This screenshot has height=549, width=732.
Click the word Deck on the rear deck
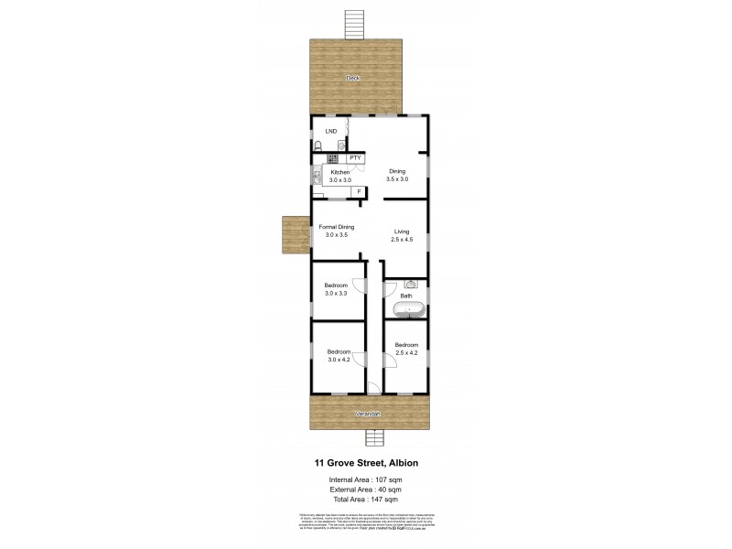tap(352, 79)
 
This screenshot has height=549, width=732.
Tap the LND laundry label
tap(330, 131)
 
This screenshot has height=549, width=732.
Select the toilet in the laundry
tap(318, 146)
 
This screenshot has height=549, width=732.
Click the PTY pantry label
tap(355, 158)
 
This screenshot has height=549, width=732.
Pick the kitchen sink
tap(316, 176)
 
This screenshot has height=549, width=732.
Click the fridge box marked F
tap(360, 191)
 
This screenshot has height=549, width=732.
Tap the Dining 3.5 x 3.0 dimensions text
tap(396, 179)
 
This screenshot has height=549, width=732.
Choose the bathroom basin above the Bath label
tap(411, 284)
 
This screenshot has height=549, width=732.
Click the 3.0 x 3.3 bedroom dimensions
tap(336, 294)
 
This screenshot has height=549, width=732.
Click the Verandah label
tap(368, 414)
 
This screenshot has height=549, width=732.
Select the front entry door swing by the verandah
tap(373, 388)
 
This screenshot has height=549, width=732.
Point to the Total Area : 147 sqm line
tap(363, 500)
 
